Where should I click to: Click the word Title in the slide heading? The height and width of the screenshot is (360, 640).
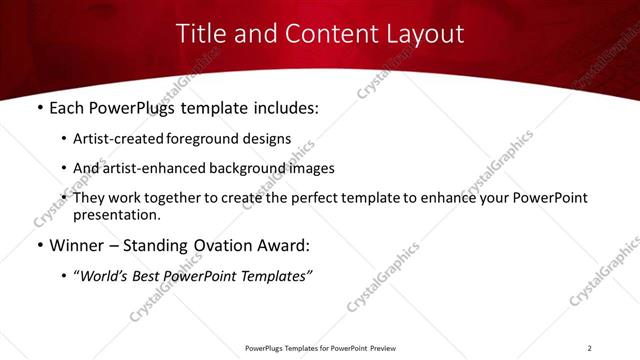click(x=200, y=33)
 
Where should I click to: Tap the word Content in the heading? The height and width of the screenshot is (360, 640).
click(x=322, y=33)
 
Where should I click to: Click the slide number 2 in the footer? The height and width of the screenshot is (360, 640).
click(x=589, y=348)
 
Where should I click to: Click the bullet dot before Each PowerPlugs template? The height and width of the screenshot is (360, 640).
click(x=39, y=107)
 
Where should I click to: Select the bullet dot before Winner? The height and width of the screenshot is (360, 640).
click(x=39, y=246)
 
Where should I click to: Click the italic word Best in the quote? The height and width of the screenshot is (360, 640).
click(x=153, y=275)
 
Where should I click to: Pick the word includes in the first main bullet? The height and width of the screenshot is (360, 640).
click(x=282, y=107)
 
